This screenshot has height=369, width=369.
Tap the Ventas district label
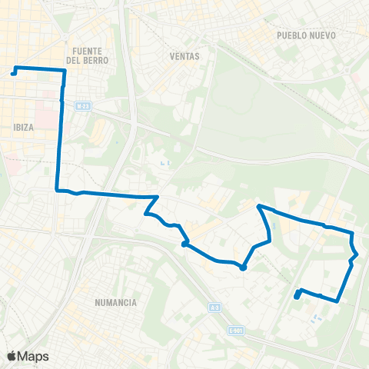point(185,56)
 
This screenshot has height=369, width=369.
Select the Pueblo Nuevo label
point(303,35)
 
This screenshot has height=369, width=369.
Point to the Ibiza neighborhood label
point(23,128)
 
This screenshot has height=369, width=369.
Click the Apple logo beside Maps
point(12,356)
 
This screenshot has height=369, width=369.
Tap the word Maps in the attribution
point(33,356)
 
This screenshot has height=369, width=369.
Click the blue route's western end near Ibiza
point(13,74)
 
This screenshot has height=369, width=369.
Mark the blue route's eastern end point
point(297,296)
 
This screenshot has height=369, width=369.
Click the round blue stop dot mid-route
point(243,268)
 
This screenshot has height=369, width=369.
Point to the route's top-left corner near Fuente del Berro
point(65,71)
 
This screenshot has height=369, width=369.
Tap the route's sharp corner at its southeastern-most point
point(337,301)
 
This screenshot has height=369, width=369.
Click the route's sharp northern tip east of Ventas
point(258,205)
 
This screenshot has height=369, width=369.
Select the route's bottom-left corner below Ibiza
point(58,190)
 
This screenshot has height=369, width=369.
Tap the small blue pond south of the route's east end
point(313,317)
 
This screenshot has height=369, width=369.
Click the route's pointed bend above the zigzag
point(158,197)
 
